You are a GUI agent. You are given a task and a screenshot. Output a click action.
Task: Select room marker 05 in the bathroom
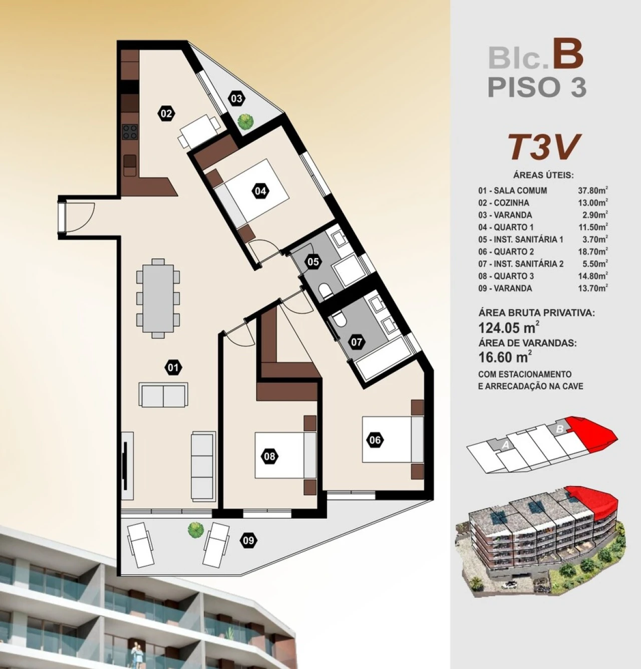[x=313, y=262]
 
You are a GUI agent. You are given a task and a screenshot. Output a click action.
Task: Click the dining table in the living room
[x=158, y=298]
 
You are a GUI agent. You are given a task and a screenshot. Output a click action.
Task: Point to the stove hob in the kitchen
[x=130, y=132]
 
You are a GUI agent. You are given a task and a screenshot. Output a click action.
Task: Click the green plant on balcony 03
[x=245, y=122]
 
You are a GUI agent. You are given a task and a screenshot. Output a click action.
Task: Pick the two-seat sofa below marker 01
[x=164, y=395]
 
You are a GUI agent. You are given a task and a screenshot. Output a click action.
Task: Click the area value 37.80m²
[x=593, y=190]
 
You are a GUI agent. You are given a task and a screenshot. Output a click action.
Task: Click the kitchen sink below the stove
[x=130, y=164]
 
